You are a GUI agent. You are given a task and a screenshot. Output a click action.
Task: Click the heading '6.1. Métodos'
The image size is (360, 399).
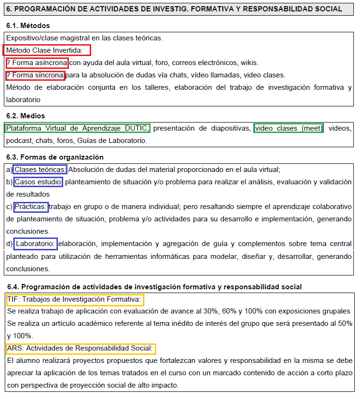(28, 26)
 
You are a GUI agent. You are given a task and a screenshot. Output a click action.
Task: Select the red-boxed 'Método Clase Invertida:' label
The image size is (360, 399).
(47, 50)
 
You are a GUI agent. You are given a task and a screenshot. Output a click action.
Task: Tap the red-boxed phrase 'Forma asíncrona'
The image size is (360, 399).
(37, 63)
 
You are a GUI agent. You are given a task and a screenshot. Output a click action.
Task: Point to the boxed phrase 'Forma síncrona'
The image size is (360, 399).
(35, 76)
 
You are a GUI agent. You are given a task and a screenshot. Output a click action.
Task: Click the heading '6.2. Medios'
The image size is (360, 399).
(26, 116)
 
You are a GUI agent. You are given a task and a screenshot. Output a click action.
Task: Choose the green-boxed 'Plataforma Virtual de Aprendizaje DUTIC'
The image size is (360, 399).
(77, 128)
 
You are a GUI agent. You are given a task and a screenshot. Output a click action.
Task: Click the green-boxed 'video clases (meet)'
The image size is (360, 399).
(288, 128)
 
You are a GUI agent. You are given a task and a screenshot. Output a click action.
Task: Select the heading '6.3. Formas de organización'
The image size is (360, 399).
(55, 157)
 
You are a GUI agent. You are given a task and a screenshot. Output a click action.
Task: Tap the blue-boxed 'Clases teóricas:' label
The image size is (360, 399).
(40, 170)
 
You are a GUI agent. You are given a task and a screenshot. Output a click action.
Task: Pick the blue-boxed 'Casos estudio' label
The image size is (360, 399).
(38, 182)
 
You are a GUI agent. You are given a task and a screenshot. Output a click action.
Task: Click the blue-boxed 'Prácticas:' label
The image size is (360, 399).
(30, 207)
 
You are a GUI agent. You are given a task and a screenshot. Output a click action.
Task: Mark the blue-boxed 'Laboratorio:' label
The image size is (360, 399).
(36, 244)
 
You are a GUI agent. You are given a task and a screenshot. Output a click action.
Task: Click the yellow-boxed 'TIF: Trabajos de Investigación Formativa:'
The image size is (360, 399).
(75, 300)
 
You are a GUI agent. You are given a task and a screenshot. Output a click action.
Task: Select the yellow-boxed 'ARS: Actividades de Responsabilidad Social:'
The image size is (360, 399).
(81, 349)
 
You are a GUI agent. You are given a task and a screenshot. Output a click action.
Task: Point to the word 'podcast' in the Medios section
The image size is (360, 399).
(19, 141)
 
